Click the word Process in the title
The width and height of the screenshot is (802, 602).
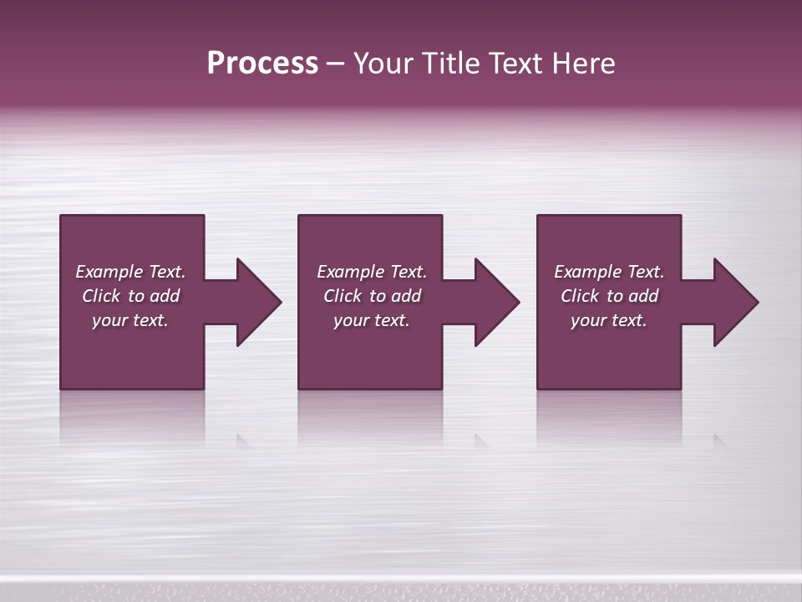point(262,64)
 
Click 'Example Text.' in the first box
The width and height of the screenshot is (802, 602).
point(130,272)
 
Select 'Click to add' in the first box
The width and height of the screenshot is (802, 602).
point(130,296)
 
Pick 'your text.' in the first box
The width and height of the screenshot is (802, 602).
point(130,320)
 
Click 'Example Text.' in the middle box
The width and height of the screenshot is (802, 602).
point(372,272)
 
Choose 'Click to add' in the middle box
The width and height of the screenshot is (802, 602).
point(372,296)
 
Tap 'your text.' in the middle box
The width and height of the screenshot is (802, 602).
point(372,320)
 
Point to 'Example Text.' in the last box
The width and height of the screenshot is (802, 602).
point(609,272)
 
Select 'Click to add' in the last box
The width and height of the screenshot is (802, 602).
point(609,296)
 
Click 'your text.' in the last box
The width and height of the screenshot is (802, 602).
point(609,320)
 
